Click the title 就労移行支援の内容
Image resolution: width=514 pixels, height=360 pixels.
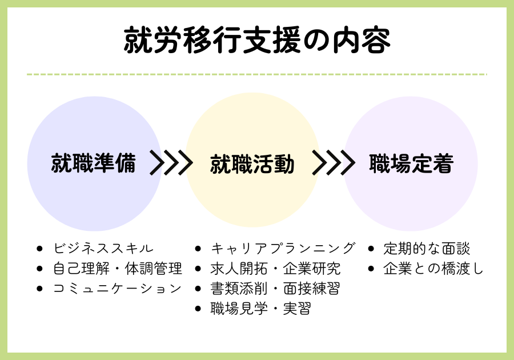coord(257,41)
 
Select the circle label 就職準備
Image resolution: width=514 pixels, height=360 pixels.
coord(94,163)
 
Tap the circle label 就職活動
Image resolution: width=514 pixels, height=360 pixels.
coord(252,164)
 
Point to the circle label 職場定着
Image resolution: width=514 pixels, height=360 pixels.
coord(411,163)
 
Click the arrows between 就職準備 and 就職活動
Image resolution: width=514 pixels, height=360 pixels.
coord(171,162)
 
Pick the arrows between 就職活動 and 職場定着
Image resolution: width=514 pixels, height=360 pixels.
coord(334,162)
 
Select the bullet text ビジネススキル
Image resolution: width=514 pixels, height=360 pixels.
coord(103,248)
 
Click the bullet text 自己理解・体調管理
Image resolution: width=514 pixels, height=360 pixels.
coord(118,269)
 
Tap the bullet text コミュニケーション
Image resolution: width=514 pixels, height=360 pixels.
coord(117,289)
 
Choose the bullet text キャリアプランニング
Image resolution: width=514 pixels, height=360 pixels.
coord(283,248)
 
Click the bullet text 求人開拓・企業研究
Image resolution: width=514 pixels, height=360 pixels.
coord(276,269)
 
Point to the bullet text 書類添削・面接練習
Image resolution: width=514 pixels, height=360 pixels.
coord(275,289)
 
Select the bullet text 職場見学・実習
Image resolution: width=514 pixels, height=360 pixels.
coord(261,309)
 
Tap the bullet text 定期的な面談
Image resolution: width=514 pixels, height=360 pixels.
coord(427,248)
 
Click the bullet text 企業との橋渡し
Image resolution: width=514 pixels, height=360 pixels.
coord(433,269)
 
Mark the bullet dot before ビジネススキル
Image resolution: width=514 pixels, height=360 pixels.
coord(39,249)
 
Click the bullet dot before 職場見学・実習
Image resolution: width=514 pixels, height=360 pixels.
coord(198,309)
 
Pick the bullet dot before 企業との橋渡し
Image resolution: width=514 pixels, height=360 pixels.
coord(371,269)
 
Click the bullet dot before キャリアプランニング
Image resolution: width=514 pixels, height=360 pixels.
coord(198,249)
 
